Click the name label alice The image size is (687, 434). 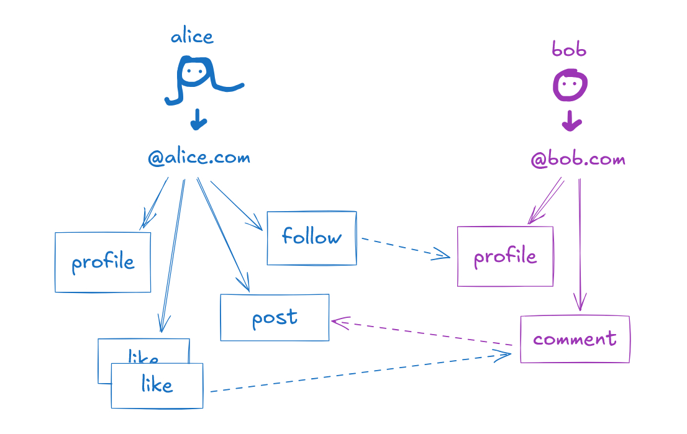click(x=192, y=37)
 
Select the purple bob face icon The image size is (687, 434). click(x=570, y=86)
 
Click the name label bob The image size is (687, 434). click(x=568, y=50)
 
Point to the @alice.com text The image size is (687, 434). click(x=199, y=158)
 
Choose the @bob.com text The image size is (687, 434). click(x=578, y=160)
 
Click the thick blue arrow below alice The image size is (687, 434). click(x=198, y=120)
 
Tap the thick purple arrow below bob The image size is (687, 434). click(x=571, y=121)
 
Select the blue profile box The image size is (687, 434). click(x=102, y=262)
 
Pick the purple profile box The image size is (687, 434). click(x=505, y=256)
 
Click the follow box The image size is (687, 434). click(x=311, y=238)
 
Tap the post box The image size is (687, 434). click(x=275, y=317)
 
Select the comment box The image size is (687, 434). click(x=575, y=339)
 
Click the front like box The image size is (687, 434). click(x=157, y=386)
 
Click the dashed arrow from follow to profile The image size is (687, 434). click(x=404, y=247)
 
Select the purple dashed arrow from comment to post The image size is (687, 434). click(x=422, y=333)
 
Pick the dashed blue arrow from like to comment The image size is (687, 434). click(x=360, y=373)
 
